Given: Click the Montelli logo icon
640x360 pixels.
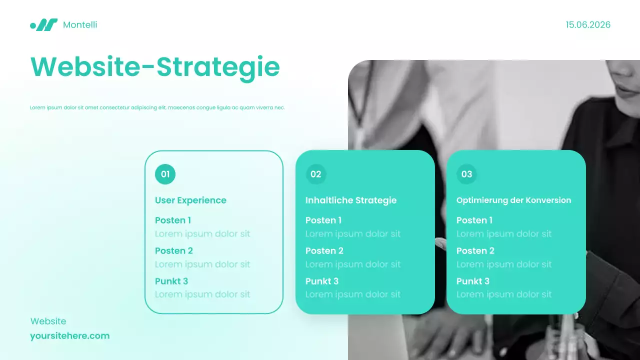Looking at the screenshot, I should coord(44,24).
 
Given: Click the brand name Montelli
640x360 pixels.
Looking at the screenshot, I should coord(80,24).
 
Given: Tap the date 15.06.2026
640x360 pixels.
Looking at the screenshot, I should coord(588,24).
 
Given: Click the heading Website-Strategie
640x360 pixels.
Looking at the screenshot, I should coord(155,67).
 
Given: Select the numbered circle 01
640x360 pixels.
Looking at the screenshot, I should coord(165,174).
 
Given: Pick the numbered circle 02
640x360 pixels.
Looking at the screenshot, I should coord(316,174).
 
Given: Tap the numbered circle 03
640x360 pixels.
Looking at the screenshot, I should coord(466,174).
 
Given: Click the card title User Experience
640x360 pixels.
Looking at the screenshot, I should coord(190,200).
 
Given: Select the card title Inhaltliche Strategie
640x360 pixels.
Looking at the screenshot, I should coord(351,200).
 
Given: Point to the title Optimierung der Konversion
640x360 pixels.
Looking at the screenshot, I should coord(513,200).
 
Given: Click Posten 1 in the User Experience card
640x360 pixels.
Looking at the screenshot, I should coord(173,220).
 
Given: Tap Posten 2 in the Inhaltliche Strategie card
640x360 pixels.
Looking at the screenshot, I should coord(324,250).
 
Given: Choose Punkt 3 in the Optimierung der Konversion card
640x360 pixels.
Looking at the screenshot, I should coord(473,281).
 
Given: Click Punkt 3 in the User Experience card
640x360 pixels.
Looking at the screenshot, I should coord(171,281).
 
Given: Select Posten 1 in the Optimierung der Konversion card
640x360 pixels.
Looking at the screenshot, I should coord(474,220).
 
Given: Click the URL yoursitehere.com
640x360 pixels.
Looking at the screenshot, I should coord(69,335).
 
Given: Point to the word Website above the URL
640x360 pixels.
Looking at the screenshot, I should coord(48,321).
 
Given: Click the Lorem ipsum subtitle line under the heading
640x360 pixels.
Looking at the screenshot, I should coord(157,107).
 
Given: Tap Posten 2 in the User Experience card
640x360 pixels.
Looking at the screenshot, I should coord(174,250).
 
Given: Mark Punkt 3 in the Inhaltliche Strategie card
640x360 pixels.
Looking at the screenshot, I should coord(322,281).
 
